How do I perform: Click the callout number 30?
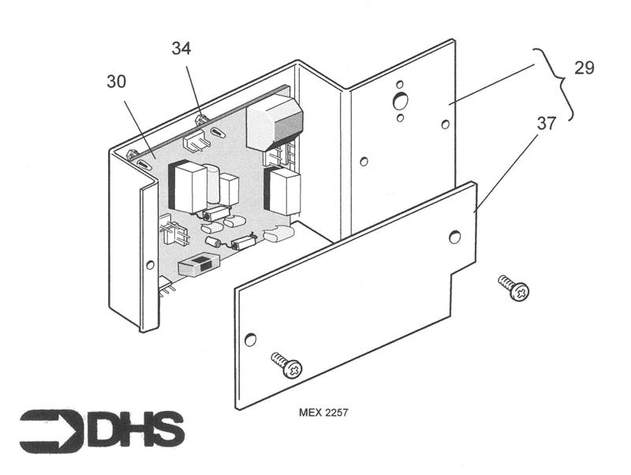(x=116, y=83)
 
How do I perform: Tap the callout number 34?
(x=181, y=49)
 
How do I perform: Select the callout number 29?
(x=584, y=68)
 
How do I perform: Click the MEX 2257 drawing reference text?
(x=323, y=413)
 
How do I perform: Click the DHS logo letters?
(x=138, y=429)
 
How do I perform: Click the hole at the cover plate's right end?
(x=454, y=236)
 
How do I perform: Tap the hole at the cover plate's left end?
(x=250, y=339)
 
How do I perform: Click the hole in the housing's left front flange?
(x=150, y=264)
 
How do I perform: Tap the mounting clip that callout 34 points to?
(x=200, y=121)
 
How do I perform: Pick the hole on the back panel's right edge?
(x=446, y=125)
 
